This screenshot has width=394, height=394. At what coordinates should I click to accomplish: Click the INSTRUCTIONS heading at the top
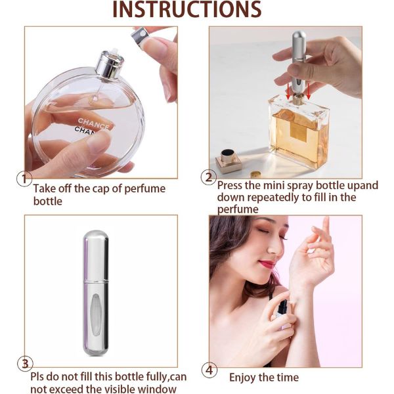(187, 10)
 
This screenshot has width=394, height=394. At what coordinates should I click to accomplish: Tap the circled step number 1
(24, 179)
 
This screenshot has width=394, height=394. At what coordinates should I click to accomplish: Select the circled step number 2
(209, 177)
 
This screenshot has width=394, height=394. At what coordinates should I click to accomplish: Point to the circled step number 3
(25, 364)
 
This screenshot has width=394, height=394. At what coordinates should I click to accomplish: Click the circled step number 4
(209, 370)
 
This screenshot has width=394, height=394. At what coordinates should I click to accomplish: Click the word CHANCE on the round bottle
(93, 123)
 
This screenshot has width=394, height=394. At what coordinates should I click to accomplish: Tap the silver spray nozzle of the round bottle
(109, 64)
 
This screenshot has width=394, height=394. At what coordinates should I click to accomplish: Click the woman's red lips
(267, 265)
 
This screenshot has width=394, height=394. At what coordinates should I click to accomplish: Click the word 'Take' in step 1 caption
(45, 188)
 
